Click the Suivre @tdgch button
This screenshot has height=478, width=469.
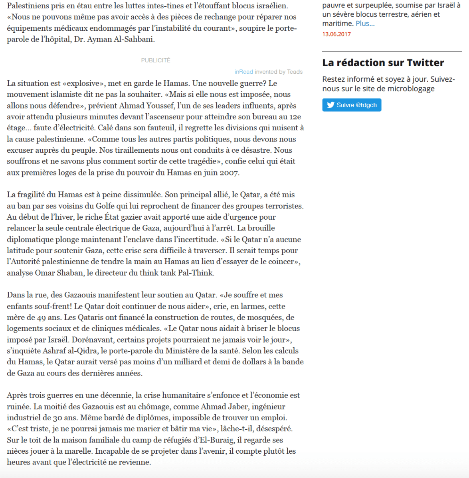[352, 105]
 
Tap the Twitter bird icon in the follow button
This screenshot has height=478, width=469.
[330, 105]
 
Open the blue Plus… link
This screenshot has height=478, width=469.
[365, 24]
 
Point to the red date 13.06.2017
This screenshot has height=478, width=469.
[336, 34]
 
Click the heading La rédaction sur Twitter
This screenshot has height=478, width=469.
[383, 63]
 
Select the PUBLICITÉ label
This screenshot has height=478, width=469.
[156, 60]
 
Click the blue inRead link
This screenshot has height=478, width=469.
[243, 72]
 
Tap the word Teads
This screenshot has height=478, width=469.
[295, 72]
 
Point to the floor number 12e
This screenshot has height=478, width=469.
[295, 117]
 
